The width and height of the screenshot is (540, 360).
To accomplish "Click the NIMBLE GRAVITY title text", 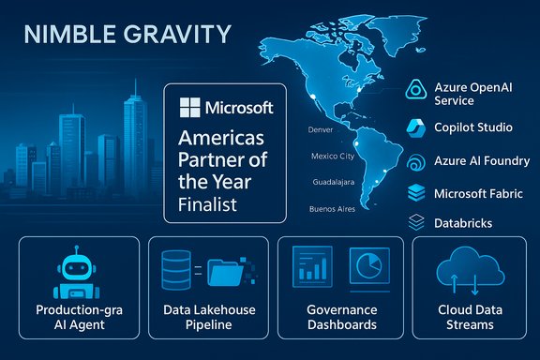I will [x=126, y=36].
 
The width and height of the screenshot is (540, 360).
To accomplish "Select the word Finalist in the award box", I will [x=205, y=203].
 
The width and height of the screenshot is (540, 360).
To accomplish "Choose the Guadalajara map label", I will [x=329, y=183].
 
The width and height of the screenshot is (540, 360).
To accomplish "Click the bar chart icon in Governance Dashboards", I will [x=311, y=266].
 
